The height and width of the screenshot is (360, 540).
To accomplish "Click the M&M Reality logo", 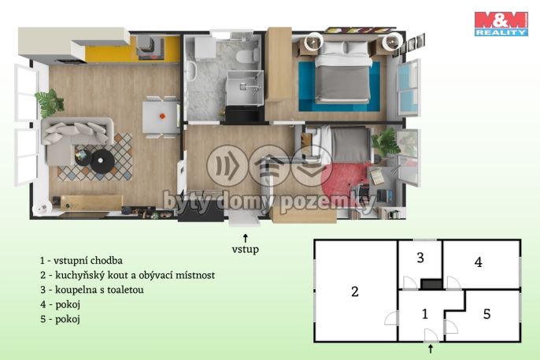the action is (501, 24).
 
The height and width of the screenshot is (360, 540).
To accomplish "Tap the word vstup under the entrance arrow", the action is (246, 250).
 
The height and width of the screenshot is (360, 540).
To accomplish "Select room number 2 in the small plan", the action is (355, 291).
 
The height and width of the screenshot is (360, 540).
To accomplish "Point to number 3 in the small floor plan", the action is (420, 258).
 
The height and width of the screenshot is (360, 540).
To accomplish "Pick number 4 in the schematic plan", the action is (478, 262).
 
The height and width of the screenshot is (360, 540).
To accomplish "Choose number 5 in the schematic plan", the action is (486, 314).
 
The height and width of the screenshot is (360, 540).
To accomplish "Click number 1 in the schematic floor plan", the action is (425, 314).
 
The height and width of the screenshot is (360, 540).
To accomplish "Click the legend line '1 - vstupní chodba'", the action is (81, 261).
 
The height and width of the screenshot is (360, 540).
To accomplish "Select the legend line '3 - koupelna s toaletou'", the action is (92, 290).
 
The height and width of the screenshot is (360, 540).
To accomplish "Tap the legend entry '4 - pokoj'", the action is (61, 305).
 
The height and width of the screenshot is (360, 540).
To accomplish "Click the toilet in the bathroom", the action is (247, 56).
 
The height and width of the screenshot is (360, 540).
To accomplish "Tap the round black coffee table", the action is (102, 161).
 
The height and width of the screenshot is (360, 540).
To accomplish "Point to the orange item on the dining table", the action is (162, 116).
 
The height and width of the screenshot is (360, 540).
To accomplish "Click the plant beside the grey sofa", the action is (50, 102).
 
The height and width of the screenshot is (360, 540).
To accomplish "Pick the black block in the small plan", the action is (431, 284).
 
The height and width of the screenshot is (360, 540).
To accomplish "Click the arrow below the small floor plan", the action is (431, 349).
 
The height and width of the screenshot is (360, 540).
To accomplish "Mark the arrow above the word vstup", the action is (246, 239).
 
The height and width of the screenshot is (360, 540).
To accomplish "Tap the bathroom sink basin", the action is (190, 71).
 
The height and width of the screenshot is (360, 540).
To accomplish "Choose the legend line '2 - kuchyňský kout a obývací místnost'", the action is (128, 275).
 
